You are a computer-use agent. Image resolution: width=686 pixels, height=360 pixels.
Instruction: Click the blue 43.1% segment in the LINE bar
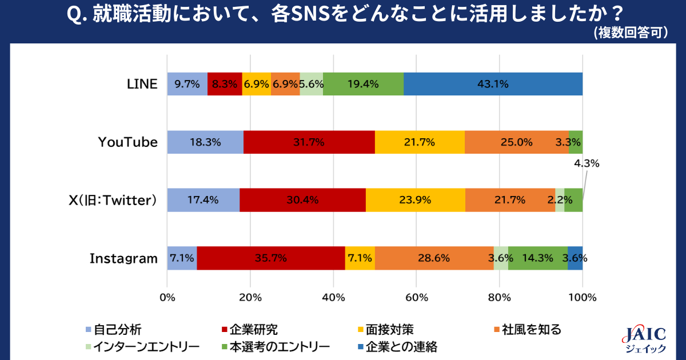click(493, 84)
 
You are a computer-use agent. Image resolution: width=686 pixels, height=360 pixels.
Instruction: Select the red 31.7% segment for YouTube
click(309, 142)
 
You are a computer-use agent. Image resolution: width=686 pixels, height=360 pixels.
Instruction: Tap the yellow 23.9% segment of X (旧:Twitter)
click(415, 200)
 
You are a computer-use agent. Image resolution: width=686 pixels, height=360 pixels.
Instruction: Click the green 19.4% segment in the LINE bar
click(366, 84)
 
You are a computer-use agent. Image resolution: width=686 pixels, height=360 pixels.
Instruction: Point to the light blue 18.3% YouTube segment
click(205, 142)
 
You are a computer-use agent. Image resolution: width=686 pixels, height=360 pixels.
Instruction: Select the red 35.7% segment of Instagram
click(271, 258)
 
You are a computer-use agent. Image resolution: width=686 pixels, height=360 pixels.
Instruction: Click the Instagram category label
click(123, 258)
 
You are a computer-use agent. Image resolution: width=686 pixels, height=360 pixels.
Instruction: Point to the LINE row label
click(141, 84)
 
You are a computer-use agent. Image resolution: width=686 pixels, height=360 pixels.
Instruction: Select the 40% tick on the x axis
click(333, 297)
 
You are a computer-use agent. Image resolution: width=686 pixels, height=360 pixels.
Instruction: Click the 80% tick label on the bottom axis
click(499, 297)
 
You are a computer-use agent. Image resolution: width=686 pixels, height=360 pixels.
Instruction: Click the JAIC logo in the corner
click(643, 341)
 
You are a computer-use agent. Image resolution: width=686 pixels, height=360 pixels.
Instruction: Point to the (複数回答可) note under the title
click(631, 33)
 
